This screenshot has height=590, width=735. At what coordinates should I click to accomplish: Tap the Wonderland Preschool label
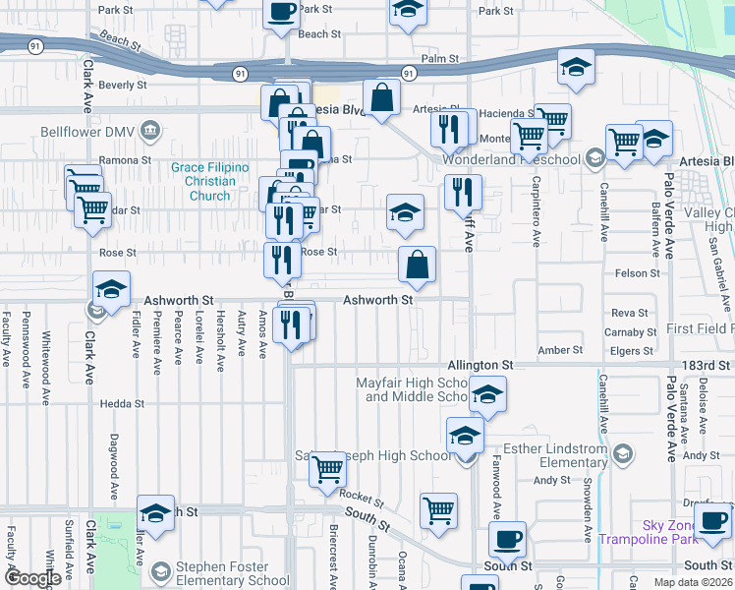(x=511, y=158)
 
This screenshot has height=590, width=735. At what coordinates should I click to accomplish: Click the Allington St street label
(x=481, y=365)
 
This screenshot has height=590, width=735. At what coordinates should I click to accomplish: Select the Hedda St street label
(x=122, y=403)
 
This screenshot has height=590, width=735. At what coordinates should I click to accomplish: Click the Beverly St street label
(x=123, y=86)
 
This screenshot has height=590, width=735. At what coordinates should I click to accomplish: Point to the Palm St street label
(x=440, y=59)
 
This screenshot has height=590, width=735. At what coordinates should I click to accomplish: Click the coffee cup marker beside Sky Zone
(x=712, y=519)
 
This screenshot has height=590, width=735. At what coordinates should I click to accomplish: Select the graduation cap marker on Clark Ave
(x=112, y=290)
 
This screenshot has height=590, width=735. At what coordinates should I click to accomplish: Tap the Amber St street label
(x=560, y=350)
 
